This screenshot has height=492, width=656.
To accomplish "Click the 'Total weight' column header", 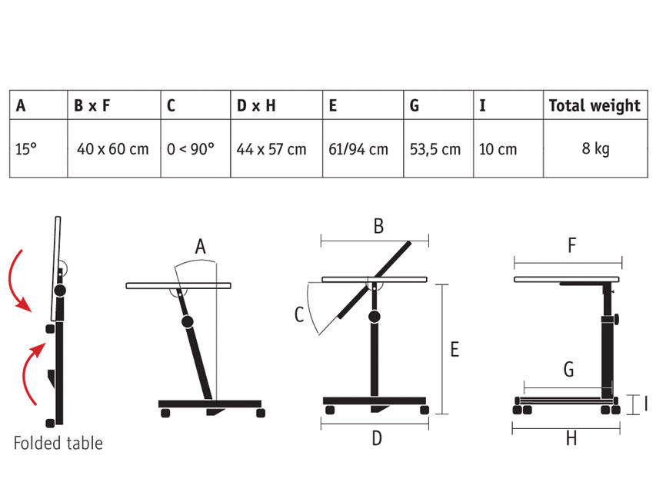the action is point(594,105).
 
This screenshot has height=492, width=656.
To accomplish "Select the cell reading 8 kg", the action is point(595,149).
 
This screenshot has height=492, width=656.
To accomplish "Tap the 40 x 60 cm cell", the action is point(112,149).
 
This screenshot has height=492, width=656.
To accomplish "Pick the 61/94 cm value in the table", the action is point(358,149).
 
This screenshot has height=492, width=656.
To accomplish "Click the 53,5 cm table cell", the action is point(435,149).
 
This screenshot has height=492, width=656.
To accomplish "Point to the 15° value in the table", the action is point(26,149).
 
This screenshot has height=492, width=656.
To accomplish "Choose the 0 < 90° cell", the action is point(191,149).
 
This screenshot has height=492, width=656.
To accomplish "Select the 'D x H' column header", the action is point(256,105).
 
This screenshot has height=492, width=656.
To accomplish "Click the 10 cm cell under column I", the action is point(498,149).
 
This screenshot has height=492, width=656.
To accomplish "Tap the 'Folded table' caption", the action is point(58,443).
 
